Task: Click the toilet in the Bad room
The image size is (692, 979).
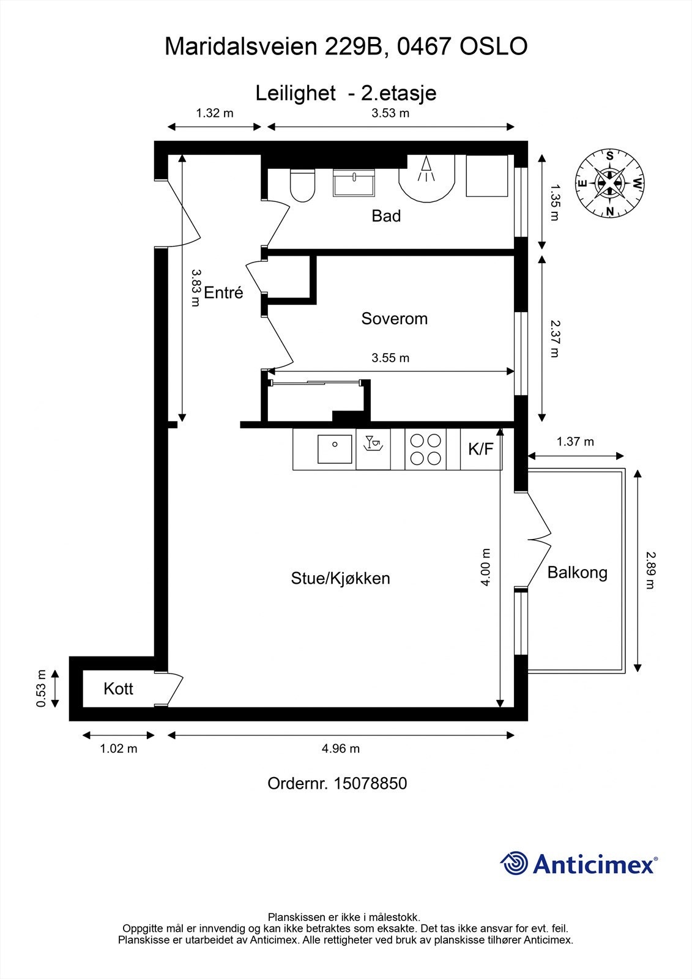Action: coord(302,185)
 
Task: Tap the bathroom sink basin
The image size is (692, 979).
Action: coord(354,183)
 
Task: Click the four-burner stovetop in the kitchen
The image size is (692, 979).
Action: coord(425,449)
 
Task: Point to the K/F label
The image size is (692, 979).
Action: coord(480,449)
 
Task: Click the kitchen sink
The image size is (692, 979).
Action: coord(335,449)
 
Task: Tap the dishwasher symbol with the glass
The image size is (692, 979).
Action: coord(373,443)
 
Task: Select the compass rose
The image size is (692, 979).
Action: coord(609,183)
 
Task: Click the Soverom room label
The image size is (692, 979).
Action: coord(394,319)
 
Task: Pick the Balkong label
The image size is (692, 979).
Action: coord(578,573)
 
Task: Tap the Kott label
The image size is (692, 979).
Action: coord(118,689)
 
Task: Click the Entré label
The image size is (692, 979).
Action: coord(223,292)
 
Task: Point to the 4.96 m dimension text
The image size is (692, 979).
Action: coord(341,749)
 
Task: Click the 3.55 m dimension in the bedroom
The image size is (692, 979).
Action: coord(390,358)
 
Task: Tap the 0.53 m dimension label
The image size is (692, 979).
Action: coord(40,688)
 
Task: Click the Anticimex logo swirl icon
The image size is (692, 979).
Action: coord(514,863)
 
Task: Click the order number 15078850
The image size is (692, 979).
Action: coord(370,784)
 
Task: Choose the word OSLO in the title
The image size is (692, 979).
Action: coord(494,47)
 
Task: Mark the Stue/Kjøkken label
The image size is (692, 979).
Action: coord(341,579)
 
